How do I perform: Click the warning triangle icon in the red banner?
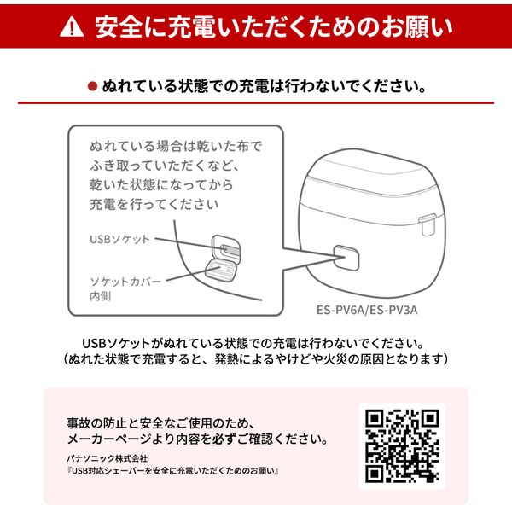point(72,28)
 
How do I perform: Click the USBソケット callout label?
point(119,239)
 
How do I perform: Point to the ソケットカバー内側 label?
point(124,286)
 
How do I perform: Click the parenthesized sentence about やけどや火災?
point(256,360)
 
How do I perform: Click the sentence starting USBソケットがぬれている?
point(256,343)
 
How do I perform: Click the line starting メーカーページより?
point(197,440)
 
